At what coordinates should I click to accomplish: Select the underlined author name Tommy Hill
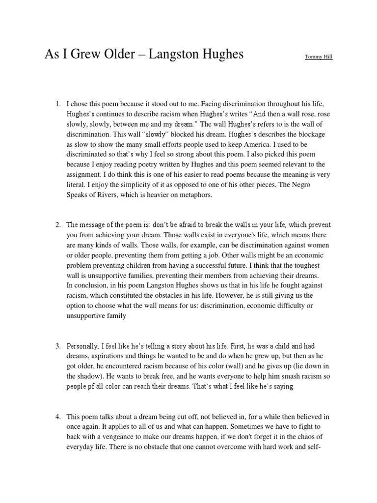[x=318, y=57]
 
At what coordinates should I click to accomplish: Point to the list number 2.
[x=57, y=225]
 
